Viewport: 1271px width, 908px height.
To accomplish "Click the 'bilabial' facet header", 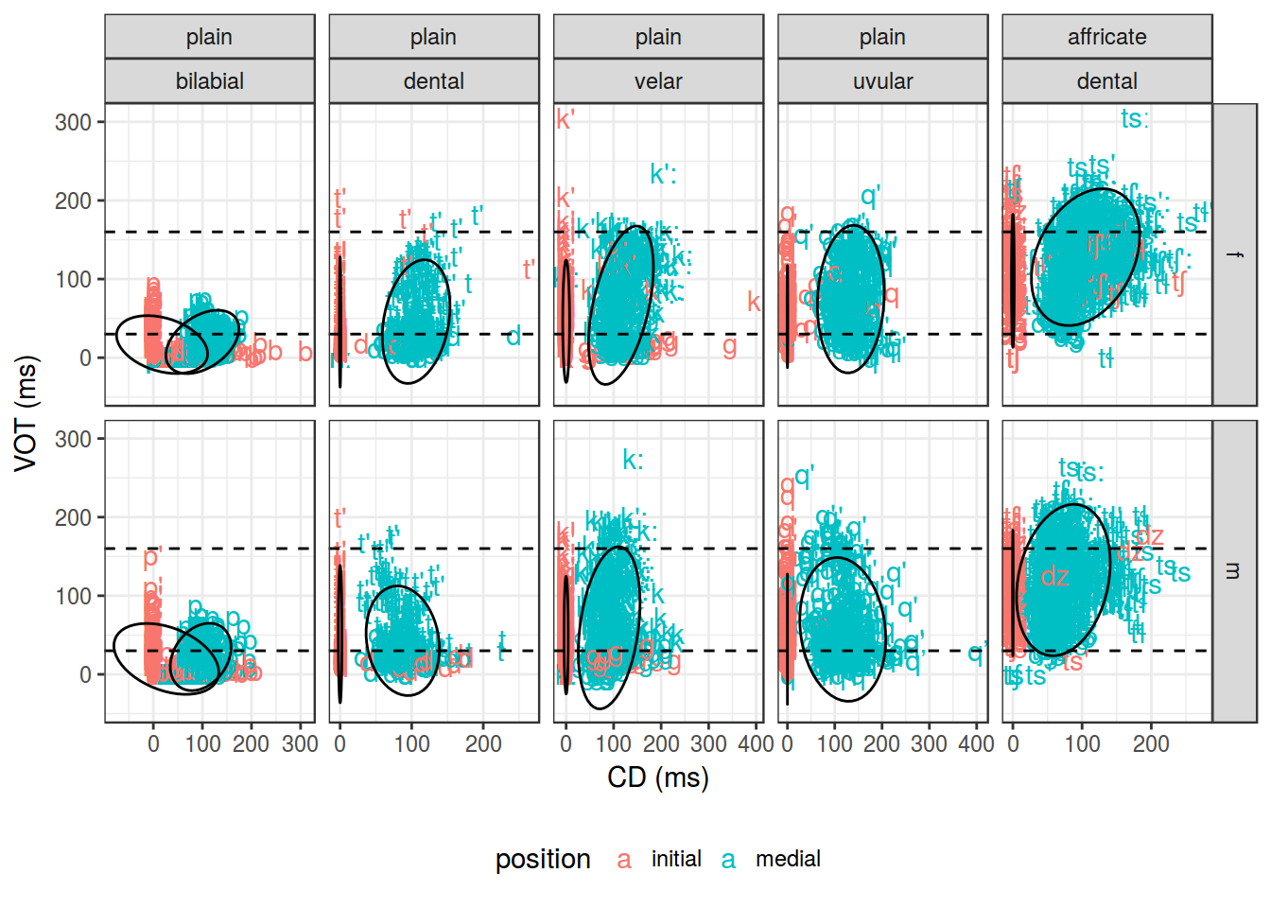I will (209, 81).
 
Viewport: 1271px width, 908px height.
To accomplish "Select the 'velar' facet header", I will (658, 81).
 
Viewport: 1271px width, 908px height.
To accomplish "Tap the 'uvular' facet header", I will (882, 81).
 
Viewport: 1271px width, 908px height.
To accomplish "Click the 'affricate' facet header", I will (1106, 37).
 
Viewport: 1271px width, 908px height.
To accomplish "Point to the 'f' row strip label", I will (1234, 254).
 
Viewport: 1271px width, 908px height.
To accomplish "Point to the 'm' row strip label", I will (1234, 571).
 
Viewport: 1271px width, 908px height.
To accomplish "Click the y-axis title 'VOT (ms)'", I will (26, 413).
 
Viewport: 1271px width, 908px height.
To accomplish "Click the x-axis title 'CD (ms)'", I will (658, 777).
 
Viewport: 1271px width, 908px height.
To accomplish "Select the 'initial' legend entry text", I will (676, 859).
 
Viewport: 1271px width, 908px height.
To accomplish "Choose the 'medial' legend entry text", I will (788, 859).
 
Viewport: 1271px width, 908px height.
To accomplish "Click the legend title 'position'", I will (543, 859).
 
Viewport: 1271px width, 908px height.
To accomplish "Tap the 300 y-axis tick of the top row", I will (73, 122).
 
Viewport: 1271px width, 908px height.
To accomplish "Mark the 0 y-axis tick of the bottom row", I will (85, 674).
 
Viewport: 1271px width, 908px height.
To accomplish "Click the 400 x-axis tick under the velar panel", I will (756, 744).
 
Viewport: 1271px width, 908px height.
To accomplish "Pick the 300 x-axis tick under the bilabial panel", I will (300, 744).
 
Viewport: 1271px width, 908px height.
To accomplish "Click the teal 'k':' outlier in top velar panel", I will (663, 174).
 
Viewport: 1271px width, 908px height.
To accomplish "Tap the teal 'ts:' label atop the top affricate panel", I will (1135, 119).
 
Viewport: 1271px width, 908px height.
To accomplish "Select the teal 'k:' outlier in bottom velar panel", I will (633, 461).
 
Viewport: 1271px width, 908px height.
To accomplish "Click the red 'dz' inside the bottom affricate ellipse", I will (1055, 577).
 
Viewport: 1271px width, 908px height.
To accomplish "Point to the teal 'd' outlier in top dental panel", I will (514, 336).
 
